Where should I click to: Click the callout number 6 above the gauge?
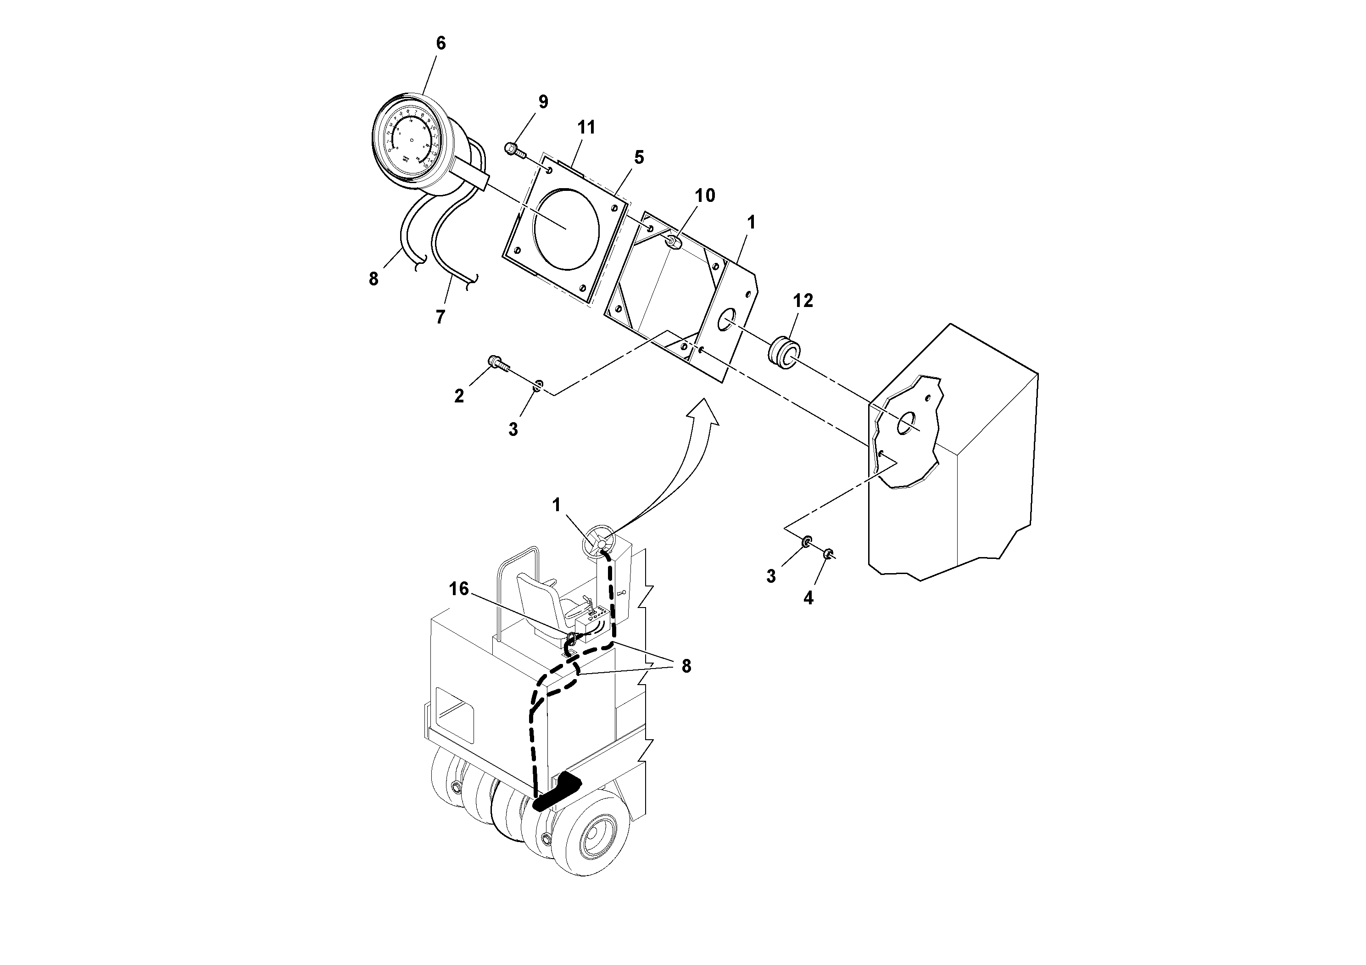(440, 44)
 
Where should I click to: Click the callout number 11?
(586, 127)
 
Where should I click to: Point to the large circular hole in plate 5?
(566, 228)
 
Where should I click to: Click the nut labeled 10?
(673, 242)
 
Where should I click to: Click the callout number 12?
(803, 301)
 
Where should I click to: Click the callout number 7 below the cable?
(440, 317)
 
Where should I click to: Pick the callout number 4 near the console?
(808, 598)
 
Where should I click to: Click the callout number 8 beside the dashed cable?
(686, 666)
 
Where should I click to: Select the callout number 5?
(638, 158)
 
